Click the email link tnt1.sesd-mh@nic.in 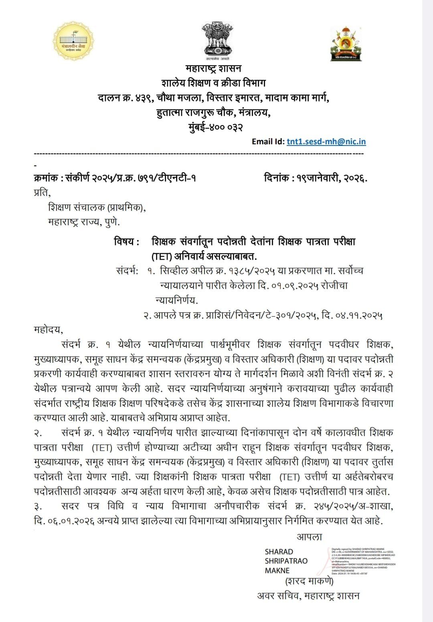(x=326, y=141)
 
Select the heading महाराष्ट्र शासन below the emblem (x=213, y=69)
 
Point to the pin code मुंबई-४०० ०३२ (x=215, y=127)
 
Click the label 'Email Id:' (x=268, y=141)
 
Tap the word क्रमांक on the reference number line (x=46, y=178)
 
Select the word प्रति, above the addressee (x=42, y=193)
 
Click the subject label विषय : (x=127, y=242)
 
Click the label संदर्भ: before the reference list (x=127, y=271)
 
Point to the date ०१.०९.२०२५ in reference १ (x=292, y=285)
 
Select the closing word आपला (x=309, y=536)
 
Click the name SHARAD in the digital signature (x=279, y=552)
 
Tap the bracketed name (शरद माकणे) (x=309, y=581)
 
